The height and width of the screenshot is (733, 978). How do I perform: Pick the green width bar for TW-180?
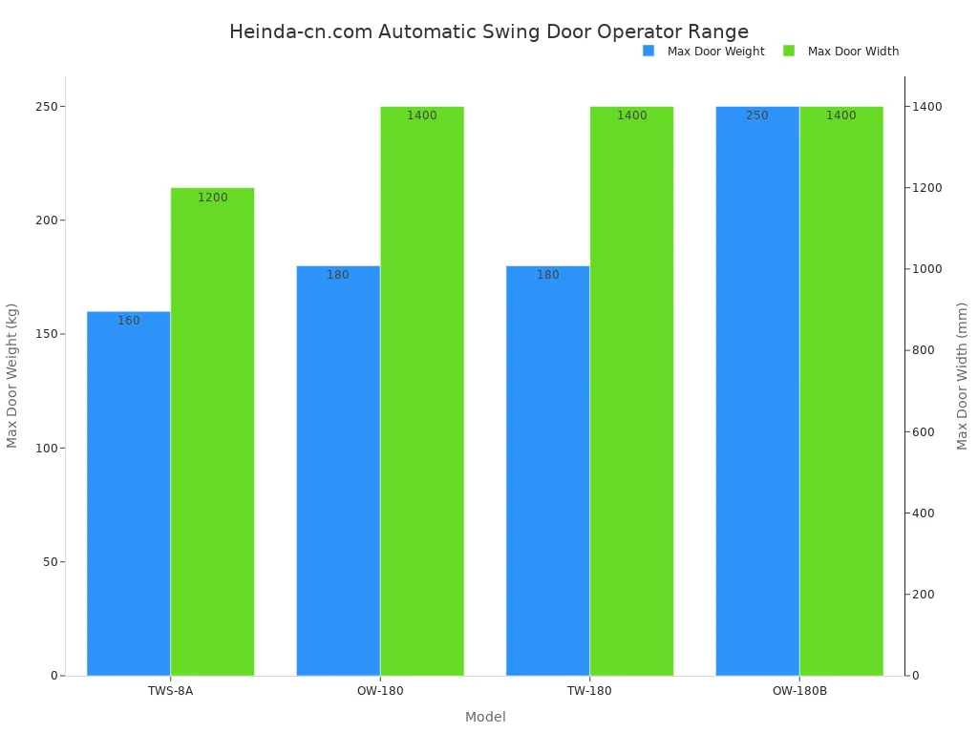coord(631,391)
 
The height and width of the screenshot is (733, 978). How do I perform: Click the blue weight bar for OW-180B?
coord(757,391)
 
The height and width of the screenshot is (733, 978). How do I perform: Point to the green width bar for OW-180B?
coord(841,391)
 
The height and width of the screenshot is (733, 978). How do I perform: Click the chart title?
coord(489,31)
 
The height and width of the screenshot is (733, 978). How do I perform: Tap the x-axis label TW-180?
coord(589,691)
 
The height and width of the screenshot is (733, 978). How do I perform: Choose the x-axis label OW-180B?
coord(799,691)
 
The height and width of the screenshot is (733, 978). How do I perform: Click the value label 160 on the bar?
coord(129,321)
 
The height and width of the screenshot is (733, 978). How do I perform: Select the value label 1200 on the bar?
coord(213,198)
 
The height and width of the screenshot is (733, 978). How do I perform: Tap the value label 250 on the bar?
coord(757,115)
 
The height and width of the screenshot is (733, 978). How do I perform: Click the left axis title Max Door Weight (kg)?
coord(12,375)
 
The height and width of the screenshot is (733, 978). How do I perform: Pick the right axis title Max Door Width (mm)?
coord(963,375)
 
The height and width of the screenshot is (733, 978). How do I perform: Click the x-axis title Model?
coord(485,717)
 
